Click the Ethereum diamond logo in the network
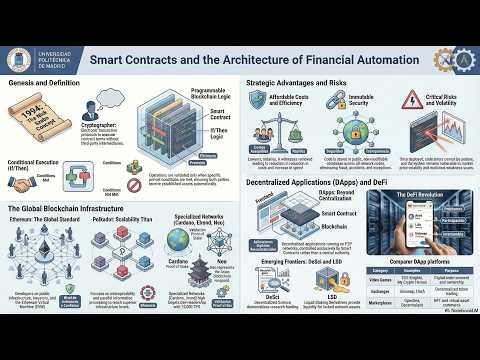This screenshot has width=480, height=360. (39, 266)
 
